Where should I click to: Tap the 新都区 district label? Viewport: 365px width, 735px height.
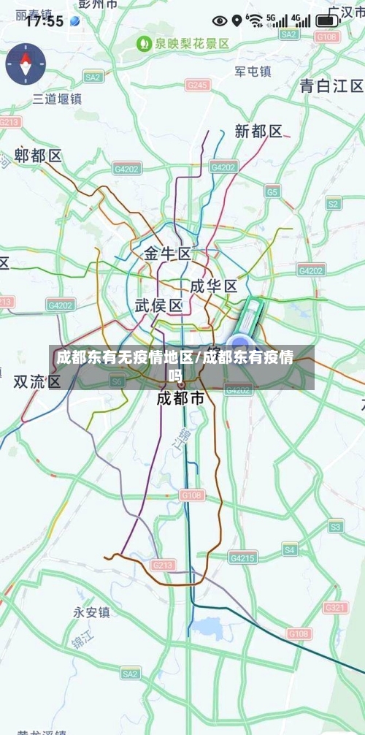(258, 132)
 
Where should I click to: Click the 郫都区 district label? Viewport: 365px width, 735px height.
(39, 156)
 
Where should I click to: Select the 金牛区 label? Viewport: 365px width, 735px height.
(167, 254)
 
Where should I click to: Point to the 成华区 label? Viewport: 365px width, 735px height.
(213, 286)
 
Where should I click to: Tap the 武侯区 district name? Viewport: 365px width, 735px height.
(158, 305)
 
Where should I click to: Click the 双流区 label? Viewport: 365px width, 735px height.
(37, 381)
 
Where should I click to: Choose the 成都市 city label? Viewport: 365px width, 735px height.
(180, 398)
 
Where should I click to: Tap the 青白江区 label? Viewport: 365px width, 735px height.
(331, 85)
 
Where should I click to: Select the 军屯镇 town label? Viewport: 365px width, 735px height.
(253, 72)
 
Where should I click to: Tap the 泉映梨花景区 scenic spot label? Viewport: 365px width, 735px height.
(184, 44)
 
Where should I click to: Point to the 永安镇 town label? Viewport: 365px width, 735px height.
(91, 612)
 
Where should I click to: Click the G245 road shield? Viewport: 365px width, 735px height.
(197, 85)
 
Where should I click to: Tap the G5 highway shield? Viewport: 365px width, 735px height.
(272, 191)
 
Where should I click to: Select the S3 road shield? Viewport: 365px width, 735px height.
(336, 525)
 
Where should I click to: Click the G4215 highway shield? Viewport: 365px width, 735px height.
(243, 557)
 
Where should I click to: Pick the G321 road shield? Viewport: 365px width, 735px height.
(336, 608)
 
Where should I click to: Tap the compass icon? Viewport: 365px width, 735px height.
(26, 64)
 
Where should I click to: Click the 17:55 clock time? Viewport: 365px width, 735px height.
(45, 21)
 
